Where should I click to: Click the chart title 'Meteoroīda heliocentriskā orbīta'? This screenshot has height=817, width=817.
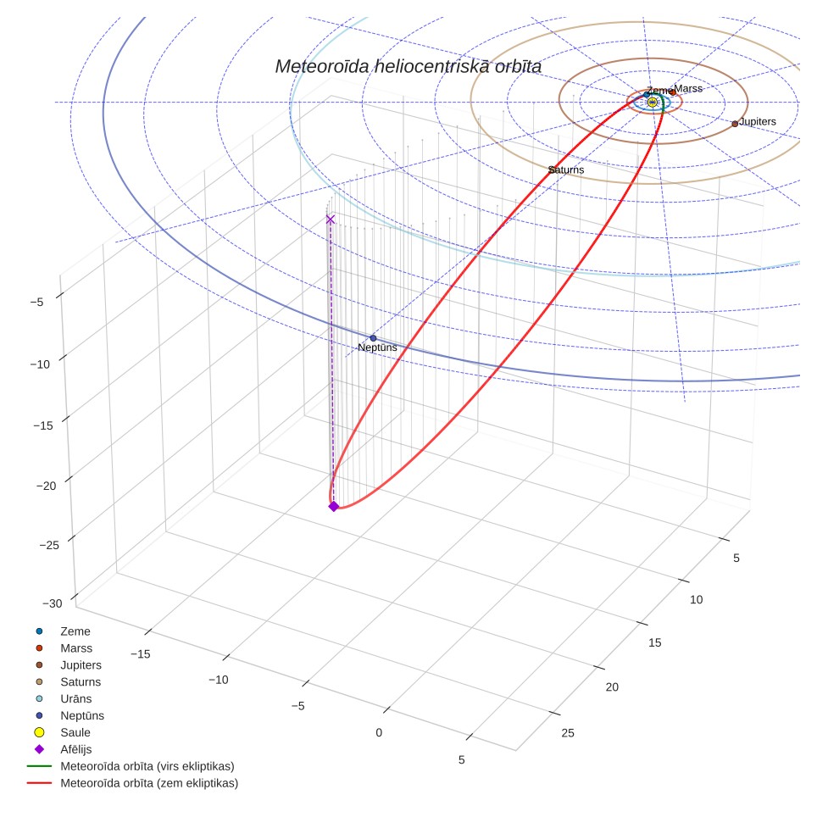point(408,67)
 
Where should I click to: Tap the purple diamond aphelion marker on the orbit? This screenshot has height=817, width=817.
point(333,507)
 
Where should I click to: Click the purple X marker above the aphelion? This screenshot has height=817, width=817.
point(330,220)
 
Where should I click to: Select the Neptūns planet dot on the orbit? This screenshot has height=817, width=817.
point(373,338)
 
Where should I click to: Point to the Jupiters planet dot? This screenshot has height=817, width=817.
point(735,124)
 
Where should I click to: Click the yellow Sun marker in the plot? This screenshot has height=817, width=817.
point(653,103)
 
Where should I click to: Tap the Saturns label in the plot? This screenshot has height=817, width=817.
point(566,170)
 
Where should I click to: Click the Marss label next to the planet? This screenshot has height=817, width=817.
point(688,89)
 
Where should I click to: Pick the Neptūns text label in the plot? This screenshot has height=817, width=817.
point(377,347)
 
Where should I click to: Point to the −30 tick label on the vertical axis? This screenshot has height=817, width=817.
point(52,603)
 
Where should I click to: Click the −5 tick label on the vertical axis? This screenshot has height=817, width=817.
point(37,303)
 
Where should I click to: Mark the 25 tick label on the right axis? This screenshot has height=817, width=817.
point(568,733)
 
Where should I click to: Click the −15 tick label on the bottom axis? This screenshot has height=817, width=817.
point(140,654)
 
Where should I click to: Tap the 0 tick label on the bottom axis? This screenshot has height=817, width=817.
point(379,732)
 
